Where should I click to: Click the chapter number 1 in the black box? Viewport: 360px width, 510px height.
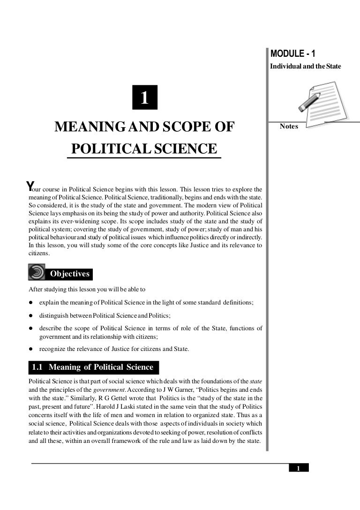(144, 98)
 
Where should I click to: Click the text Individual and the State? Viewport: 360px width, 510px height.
(306, 67)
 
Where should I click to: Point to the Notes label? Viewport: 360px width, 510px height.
(289, 126)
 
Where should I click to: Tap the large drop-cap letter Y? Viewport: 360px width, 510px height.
(30, 185)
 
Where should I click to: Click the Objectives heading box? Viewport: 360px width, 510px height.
(69, 274)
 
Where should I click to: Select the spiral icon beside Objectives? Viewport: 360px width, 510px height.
(37, 273)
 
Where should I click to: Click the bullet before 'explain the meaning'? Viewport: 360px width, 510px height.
(31, 303)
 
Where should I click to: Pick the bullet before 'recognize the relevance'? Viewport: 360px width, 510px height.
(31, 349)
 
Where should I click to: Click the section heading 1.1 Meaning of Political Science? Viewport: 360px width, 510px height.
(93, 367)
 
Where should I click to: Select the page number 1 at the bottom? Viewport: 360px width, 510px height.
(298, 468)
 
